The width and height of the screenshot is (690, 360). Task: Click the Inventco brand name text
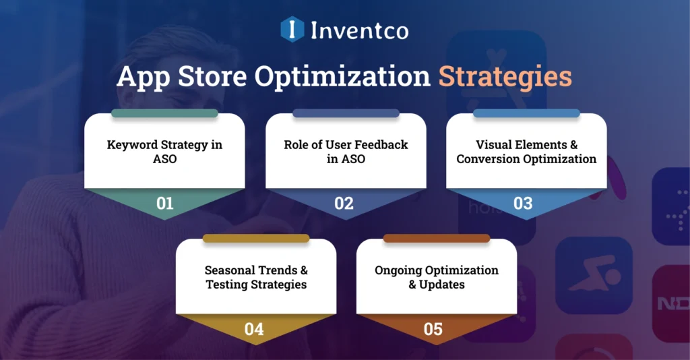click(359, 30)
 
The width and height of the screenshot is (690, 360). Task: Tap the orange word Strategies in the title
click(505, 77)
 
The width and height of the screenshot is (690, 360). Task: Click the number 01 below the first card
click(164, 203)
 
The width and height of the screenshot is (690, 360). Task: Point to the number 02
click(344, 203)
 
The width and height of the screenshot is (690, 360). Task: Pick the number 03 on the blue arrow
click(523, 203)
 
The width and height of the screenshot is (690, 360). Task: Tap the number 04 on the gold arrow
click(254, 329)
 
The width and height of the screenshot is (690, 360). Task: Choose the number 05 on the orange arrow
click(433, 329)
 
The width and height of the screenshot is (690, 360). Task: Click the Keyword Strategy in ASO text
click(164, 152)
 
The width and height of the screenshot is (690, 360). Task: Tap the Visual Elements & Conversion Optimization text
click(526, 152)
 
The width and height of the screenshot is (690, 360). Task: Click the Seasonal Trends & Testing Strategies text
click(256, 277)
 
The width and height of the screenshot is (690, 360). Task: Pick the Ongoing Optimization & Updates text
click(437, 277)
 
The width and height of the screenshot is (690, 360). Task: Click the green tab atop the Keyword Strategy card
click(164, 113)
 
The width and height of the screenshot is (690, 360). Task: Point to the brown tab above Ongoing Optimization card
click(436, 238)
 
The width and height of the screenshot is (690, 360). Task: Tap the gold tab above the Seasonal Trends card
click(256, 238)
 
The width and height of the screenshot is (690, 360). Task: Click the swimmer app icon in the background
click(594, 276)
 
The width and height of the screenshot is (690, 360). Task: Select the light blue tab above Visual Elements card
click(526, 113)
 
